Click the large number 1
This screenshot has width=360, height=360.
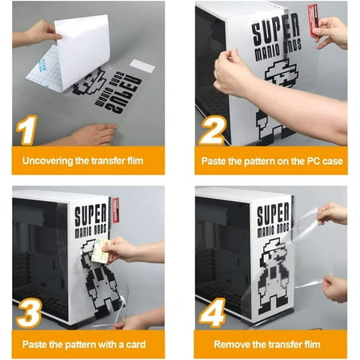(x=28, y=130)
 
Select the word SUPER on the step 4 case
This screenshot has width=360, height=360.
(x=274, y=214)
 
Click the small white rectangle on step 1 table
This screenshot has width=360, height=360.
(x=142, y=66)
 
